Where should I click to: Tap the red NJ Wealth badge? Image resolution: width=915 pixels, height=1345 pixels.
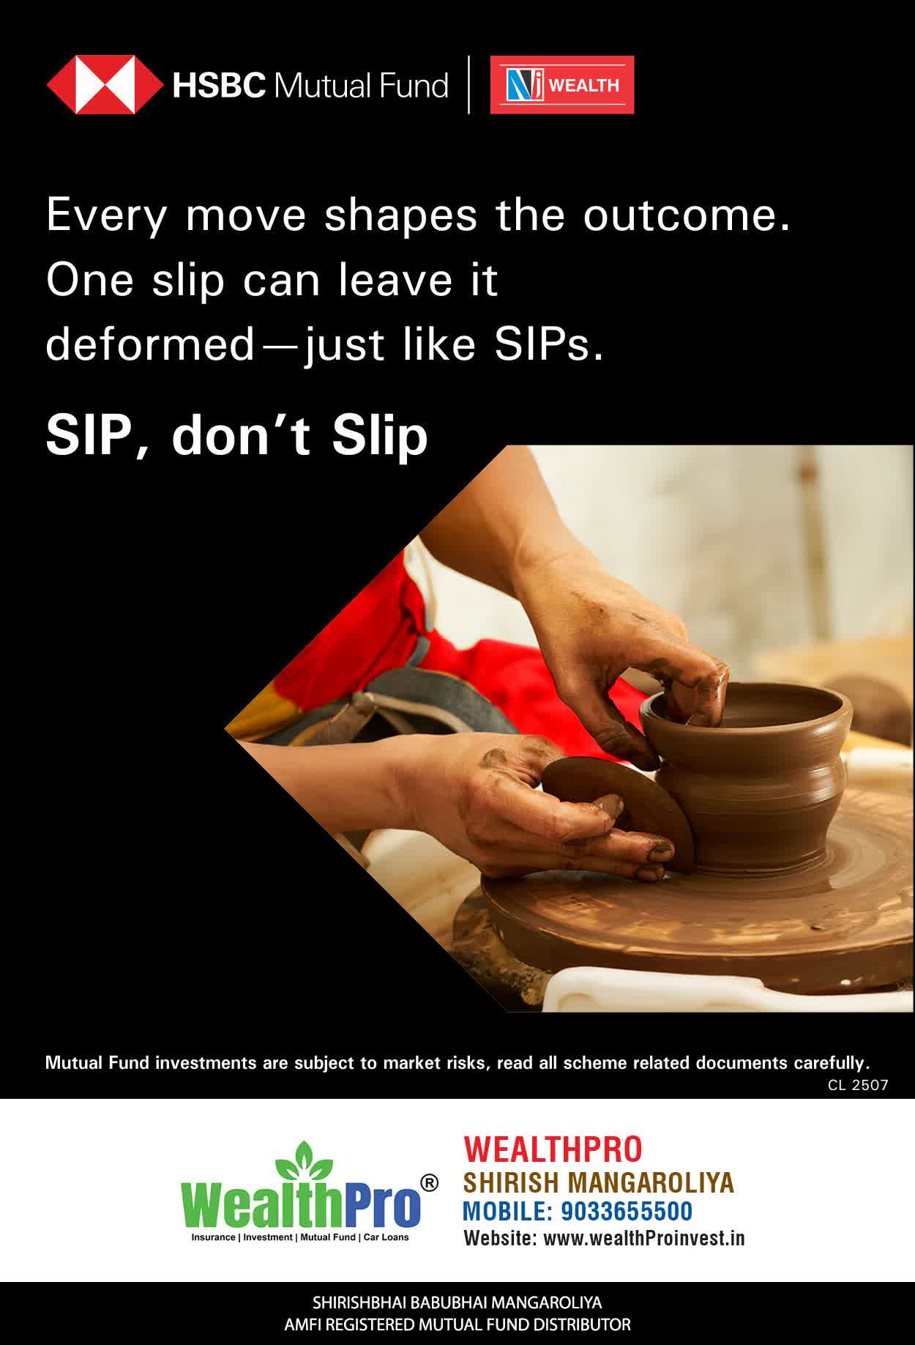[x=562, y=85]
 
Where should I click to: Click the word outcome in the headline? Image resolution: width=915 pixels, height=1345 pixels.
[x=687, y=215]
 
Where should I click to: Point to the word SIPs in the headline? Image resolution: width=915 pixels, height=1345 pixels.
[x=549, y=344]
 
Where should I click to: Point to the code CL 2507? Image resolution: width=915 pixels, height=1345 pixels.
[x=858, y=1085]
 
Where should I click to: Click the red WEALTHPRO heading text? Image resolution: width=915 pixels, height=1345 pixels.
[x=553, y=1149]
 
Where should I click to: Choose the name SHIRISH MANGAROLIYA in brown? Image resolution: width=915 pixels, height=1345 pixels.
[x=598, y=1182]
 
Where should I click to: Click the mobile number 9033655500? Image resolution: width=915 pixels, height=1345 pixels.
[x=627, y=1212]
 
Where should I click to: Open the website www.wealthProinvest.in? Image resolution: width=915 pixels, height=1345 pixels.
[x=644, y=1238]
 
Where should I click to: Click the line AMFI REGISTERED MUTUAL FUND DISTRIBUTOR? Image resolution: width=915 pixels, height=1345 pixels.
[x=457, y=1324]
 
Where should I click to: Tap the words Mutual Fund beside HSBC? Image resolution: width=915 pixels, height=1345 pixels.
[x=361, y=86]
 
